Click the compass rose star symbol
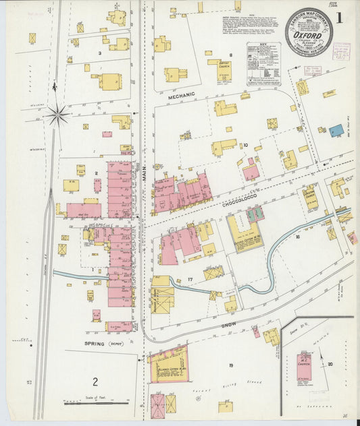[57, 115]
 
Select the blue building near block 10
[336, 131]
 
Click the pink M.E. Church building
[304, 366]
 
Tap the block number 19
[230, 365]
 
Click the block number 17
[190, 279]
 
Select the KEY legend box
[264, 62]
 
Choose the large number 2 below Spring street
[95, 382]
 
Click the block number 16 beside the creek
[297, 237]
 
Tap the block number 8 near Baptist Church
[230, 55]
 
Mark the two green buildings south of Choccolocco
[255, 215]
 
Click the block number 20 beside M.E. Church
[330, 364]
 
